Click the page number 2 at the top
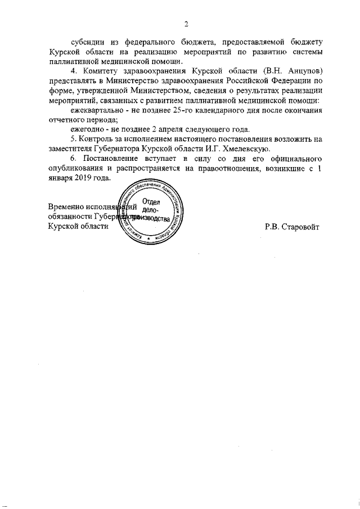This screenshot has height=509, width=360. (x=186, y=24)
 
